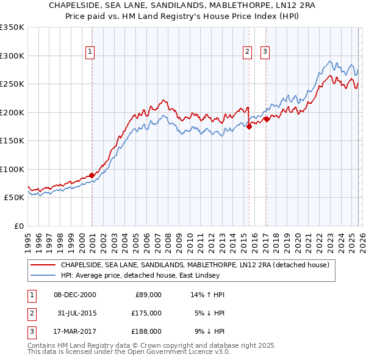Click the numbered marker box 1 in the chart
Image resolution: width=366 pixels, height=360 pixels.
click(x=90, y=52)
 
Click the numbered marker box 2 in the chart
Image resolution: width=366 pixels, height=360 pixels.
click(x=248, y=52)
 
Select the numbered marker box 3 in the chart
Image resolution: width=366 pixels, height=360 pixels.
click(x=265, y=52)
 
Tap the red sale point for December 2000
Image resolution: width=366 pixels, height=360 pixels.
click(x=92, y=175)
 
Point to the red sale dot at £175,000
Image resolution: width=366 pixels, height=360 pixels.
click(x=249, y=126)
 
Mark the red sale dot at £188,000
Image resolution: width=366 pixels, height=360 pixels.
click(x=267, y=119)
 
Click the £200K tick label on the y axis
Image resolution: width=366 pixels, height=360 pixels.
click(x=12, y=112)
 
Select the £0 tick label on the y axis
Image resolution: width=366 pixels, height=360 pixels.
click(x=18, y=226)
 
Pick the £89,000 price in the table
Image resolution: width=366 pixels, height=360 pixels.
click(x=148, y=295)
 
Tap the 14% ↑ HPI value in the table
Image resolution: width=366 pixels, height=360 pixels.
click(x=208, y=295)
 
